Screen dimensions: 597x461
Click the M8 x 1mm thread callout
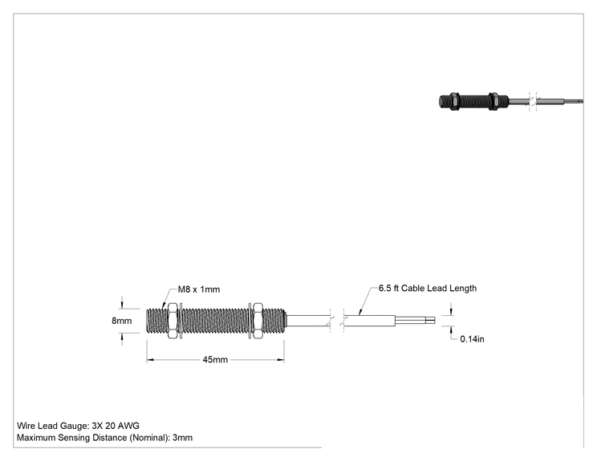click(199, 289)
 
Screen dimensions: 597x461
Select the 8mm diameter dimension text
click(121, 321)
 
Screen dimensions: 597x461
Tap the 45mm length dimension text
click(215, 359)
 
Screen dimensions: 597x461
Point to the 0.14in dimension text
click(472, 339)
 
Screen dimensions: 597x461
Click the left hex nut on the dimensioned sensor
click(173, 321)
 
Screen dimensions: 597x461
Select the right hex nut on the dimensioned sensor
click(258, 321)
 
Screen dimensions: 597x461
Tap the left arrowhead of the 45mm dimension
click(150, 359)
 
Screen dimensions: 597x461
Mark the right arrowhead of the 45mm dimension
click(281, 359)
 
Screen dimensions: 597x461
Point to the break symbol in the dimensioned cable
click(337, 321)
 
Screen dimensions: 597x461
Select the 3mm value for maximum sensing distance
click(182, 438)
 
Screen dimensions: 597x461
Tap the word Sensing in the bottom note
click(74, 438)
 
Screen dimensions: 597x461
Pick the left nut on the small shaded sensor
click(453, 102)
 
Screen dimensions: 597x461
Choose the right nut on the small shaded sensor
click(493, 102)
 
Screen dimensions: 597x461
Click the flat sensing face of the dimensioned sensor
click(147, 321)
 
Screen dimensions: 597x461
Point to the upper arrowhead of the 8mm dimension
click(122, 305)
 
